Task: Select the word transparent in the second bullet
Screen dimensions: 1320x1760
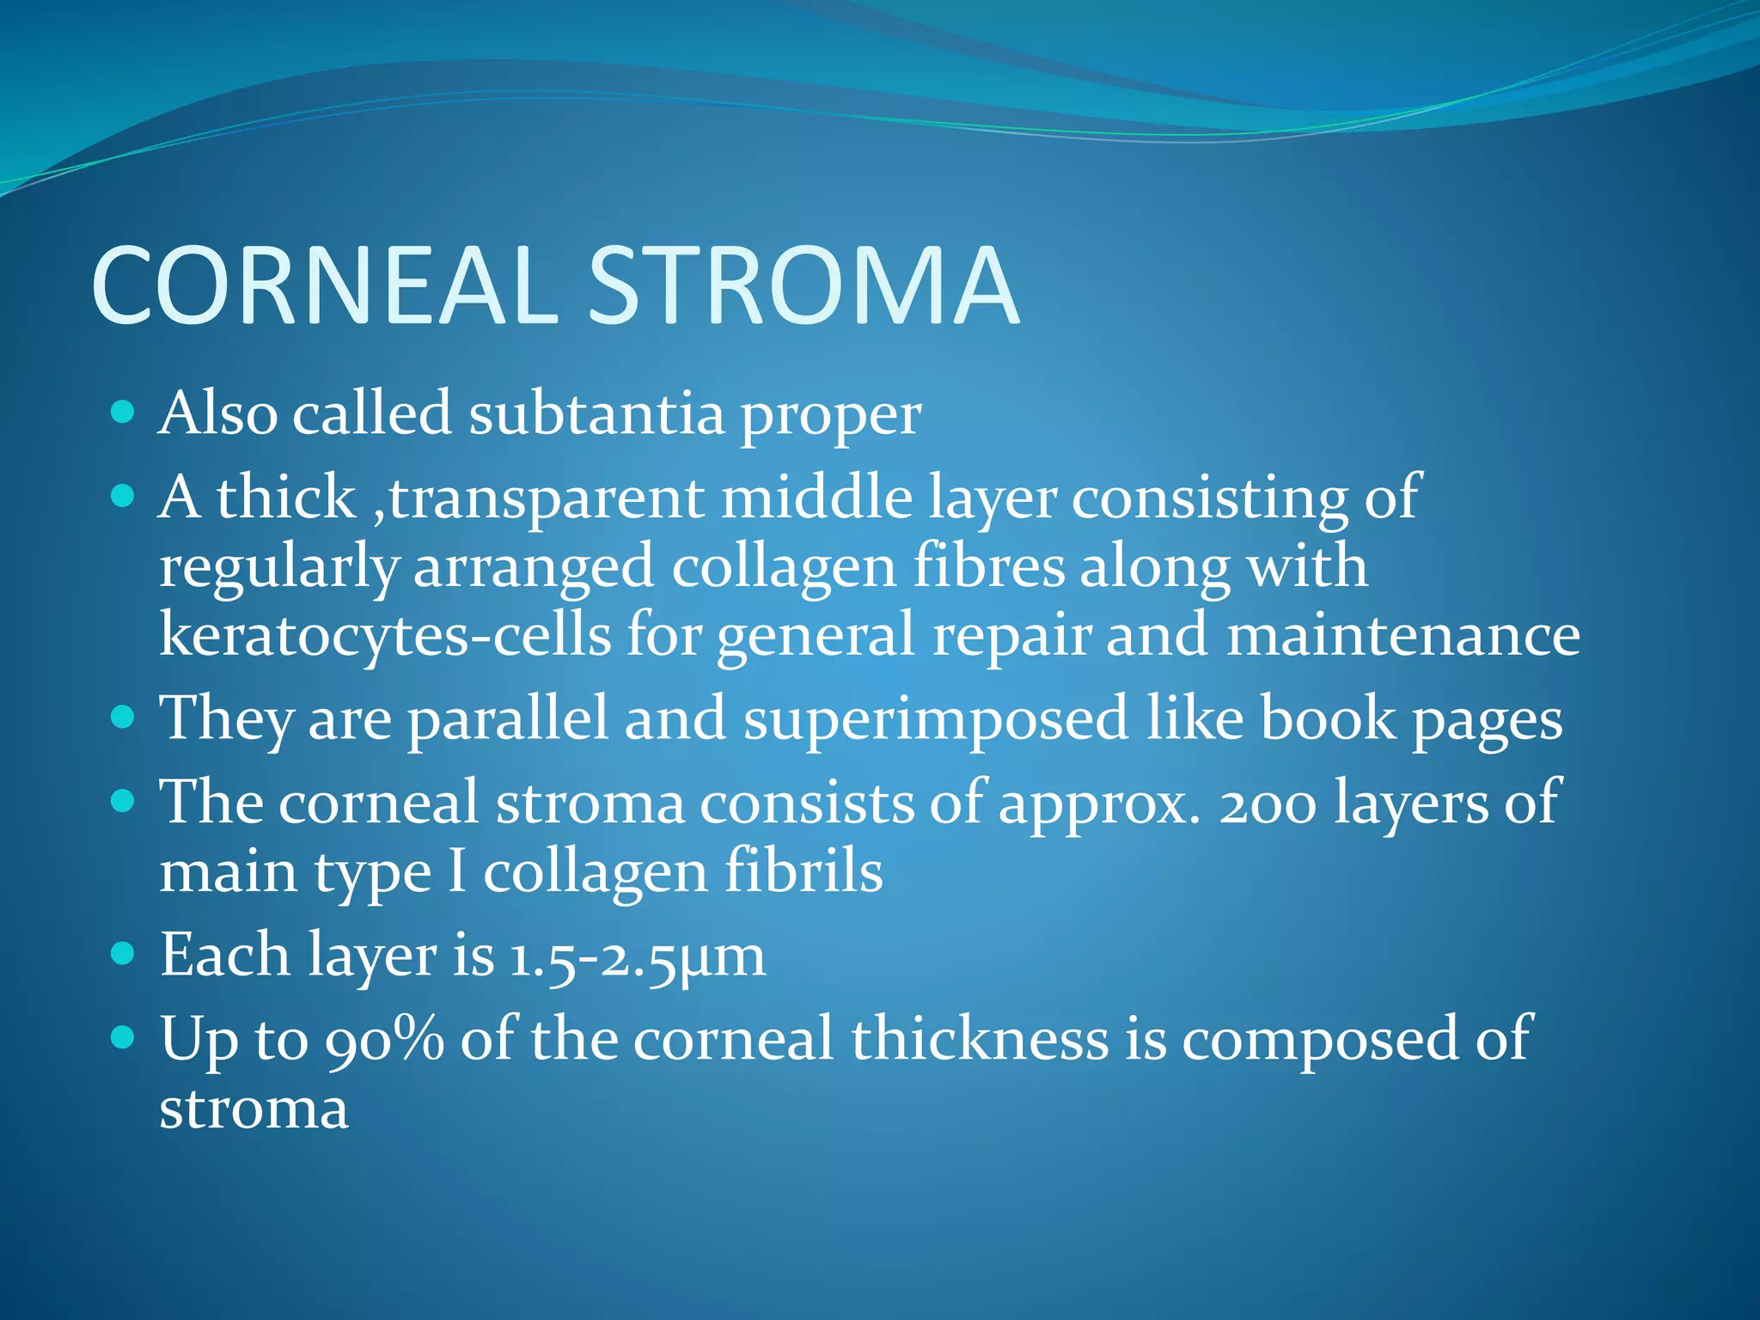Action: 546,498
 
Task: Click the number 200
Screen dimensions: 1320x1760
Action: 1268,804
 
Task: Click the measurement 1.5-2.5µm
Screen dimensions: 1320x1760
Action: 636,956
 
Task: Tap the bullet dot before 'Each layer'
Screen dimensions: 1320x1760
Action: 124,954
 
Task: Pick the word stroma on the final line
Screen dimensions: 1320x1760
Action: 254,1109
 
